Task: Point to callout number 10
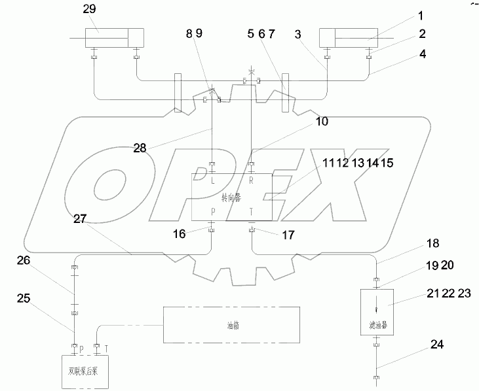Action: point(321,121)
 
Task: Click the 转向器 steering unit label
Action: point(232,197)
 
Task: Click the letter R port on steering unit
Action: point(252,181)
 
